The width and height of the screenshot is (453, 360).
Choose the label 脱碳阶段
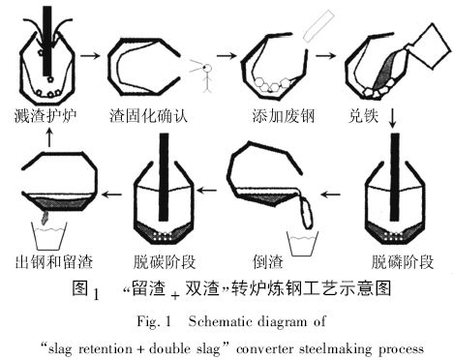[x=162, y=261]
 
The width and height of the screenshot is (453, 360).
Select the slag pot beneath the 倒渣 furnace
[x=305, y=235]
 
